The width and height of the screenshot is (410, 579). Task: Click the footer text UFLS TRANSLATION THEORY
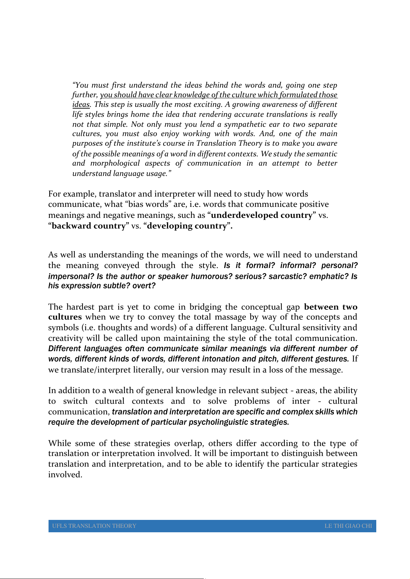[x=94, y=526]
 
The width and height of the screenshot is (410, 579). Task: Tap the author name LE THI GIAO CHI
[x=348, y=526]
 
